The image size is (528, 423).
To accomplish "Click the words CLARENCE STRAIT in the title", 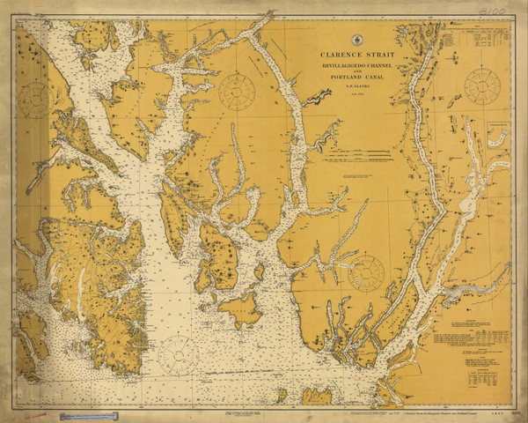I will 357,56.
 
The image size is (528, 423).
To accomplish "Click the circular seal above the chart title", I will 357,40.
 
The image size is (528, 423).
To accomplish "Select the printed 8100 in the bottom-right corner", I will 502,410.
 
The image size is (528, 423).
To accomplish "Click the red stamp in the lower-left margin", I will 35,412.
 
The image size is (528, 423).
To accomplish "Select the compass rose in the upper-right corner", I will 481,86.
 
